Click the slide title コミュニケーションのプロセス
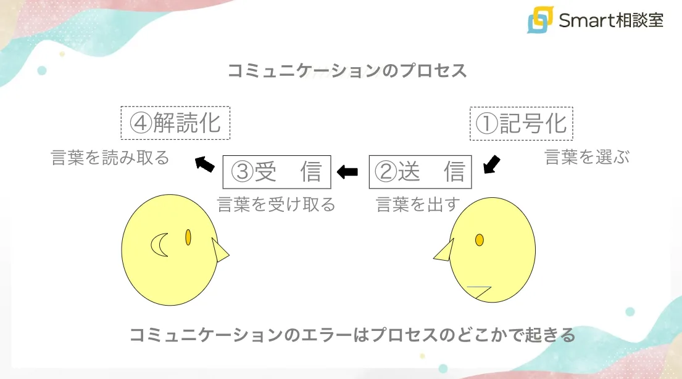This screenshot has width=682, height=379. tap(347, 70)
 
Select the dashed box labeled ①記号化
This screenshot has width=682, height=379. tap(522, 124)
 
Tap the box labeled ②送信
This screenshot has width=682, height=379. tap(420, 172)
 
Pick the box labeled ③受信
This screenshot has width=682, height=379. tap(277, 172)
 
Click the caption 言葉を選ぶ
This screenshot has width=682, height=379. tap(587, 157)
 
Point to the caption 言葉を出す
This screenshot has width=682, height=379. tap(418, 205)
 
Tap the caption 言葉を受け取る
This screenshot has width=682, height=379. tap(276, 205)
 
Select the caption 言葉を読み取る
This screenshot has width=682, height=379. tap(110, 158)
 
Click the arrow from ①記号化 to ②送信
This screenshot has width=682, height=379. tap(491, 165)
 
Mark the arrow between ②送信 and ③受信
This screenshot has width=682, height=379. tap(347, 172)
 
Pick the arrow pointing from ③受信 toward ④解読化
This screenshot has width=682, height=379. tap(204, 163)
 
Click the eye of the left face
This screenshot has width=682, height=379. tap(188, 237)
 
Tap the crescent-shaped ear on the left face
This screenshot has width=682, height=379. tap(160, 245)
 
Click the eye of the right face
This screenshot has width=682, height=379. tap(479, 240)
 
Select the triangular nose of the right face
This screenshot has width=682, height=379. tap(444, 251)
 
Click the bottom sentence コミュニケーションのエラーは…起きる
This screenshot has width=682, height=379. tap(352, 336)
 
